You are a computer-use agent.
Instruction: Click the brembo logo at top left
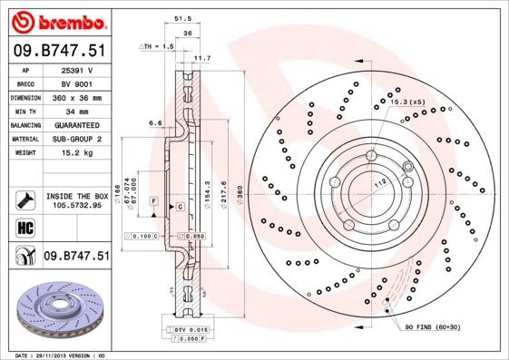[56, 20]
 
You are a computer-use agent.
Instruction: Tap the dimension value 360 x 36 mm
[76, 96]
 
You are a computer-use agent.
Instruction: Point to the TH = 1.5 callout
[156, 45]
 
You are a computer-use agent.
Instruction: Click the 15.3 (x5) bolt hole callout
[405, 102]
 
